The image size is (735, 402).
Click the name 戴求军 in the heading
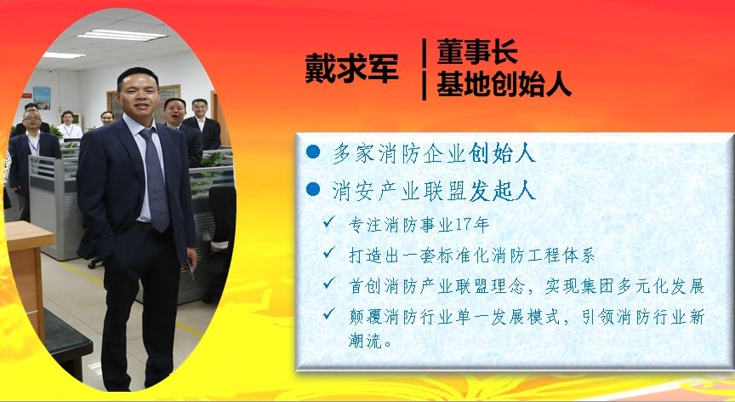point(351,68)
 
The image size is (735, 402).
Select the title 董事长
point(477,52)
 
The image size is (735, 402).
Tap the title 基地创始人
point(504,85)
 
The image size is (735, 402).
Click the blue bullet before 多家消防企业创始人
point(313,152)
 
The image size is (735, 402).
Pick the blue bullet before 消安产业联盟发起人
point(313,189)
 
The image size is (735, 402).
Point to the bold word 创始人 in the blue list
point(502,152)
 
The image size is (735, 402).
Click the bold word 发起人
point(502,191)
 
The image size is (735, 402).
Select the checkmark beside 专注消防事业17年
point(329,222)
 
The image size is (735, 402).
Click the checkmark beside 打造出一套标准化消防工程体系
point(329,252)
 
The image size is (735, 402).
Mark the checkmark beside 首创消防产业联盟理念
point(329,283)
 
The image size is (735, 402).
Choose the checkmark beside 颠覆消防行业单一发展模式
point(329,313)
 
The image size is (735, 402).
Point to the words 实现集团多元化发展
point(625,287)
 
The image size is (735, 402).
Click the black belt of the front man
point(140,226)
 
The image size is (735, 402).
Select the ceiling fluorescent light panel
point(122,35)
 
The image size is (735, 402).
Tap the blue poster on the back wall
point(41,98)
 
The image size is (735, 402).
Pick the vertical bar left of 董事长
point(424,53)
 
